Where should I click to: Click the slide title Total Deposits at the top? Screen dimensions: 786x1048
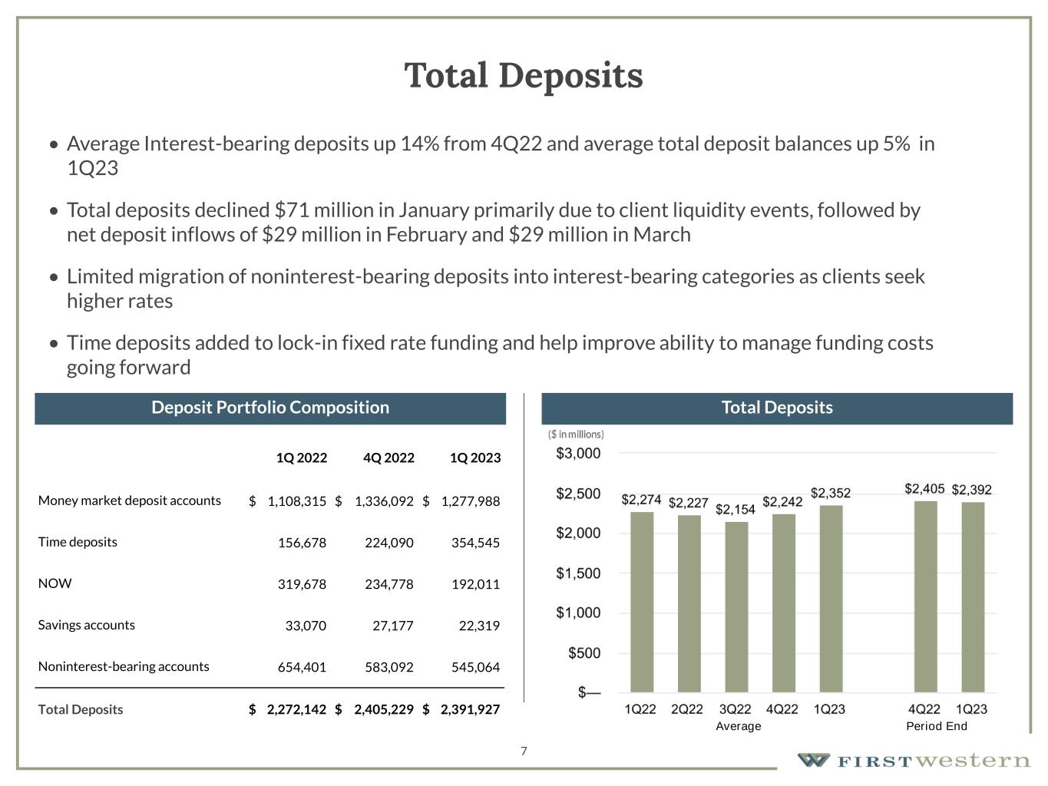pyautogui.click(x=524, y=76)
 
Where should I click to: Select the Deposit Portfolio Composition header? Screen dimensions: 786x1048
pyautogui.click(x=270, y=408)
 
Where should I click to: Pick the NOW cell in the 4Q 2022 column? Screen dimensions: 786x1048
pyautogui.click(x=388, y=584)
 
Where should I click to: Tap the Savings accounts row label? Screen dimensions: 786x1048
pyautogui.click(x=86, y=625)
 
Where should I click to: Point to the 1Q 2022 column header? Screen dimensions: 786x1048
pyautogui.click(x=301, y=458)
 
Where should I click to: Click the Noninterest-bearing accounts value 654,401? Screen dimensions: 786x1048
pyautogui.click(x=301, y=667)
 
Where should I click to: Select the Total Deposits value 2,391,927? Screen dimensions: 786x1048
pyautogui.click(x=469, y=709)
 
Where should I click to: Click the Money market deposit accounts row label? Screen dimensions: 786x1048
pyautogui.click(x=129, y=500)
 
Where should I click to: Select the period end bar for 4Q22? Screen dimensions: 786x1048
pyautogui.click(x=925, y=596)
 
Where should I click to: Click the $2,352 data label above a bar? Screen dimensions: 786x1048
pyautogui.click(x=830, y=493)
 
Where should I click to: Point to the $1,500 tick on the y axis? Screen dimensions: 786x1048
pyautogui.click(x=578, y=573)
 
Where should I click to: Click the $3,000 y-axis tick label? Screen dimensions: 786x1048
pyautogui.click(x=578, y=454)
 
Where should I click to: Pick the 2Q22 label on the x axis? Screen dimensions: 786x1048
pyautogui.click(x=687, y=709)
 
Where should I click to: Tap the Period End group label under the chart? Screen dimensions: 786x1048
pyautogui.click(x=936, y=726)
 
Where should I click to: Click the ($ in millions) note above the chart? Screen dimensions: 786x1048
pyautogui.click(x=576, y=434)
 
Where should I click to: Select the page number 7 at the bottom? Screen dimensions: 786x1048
pyautogui.click(x=524, y=751)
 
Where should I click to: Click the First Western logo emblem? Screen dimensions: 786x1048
pyautogui.click(x=813, y=760)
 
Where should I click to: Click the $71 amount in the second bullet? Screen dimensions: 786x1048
pyautogui.click(x=287, y=210)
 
